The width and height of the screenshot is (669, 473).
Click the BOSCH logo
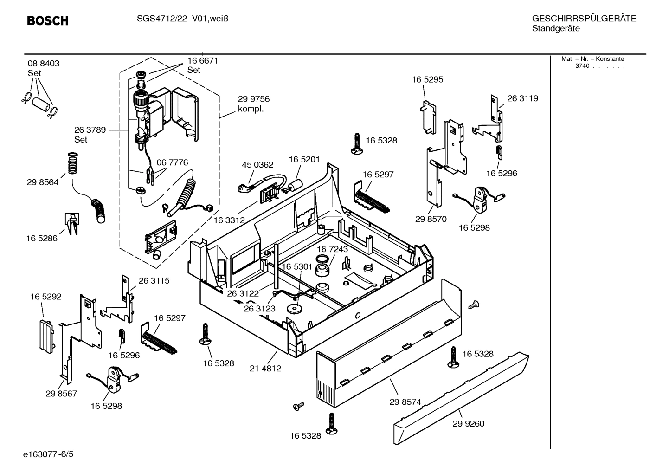pyautogui.click(x=47, y=20)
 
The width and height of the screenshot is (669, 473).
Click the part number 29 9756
pyautogui.click(x=253, y=99)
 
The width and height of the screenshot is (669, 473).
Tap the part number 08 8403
pyautogui.click(x=44, y=64)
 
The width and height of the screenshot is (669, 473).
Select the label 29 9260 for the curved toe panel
pyautogui.click(x=468, y=423)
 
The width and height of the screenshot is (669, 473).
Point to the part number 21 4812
pyautogui.click(x=265, y=369)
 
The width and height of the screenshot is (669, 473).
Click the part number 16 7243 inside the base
pyautogui.click(x=332, y=249)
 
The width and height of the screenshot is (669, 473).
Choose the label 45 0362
pyautogui.click(x=257, y=165)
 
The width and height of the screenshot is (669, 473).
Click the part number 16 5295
pyautogui.click(x=427, y=79)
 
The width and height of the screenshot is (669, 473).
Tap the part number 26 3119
pyautogui.click(x=522, y=98)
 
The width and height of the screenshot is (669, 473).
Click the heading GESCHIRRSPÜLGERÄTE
pyautogui.click(x=584, y=19)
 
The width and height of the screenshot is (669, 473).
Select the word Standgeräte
pyautogui.click(x=555, y=29)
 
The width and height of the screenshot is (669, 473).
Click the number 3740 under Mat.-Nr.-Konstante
pyautogui.click(x=582, y=66)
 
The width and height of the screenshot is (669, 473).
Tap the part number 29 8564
pyautogui.click(x=43, y=182)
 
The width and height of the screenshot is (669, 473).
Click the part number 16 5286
pyautogui.click(x=42, y=238)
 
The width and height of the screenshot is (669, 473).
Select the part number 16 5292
pyautogui.click(x=46, y=297)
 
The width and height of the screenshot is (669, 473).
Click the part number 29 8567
pyautogui.click(x=61, y=394)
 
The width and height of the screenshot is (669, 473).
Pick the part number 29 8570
pyautogui.click(x=431, y=219)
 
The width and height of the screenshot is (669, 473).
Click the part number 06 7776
pyautogui.click(x=172, y=162)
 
